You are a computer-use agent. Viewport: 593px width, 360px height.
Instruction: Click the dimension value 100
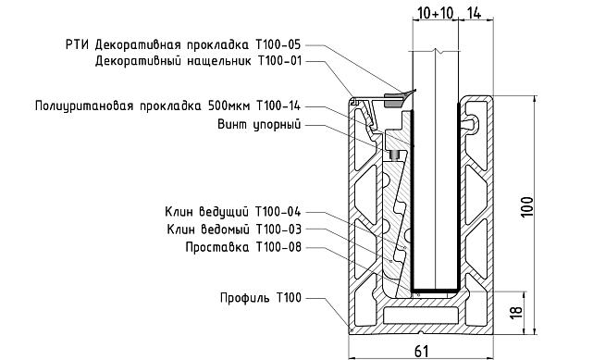[526, 205]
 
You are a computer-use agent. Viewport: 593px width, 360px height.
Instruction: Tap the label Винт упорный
[258, 124]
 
